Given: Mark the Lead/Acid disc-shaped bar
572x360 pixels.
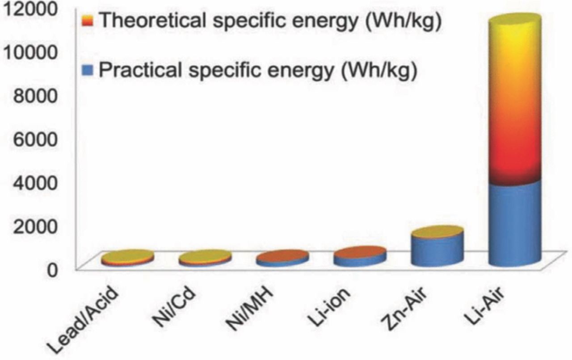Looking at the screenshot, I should point(127,258).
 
